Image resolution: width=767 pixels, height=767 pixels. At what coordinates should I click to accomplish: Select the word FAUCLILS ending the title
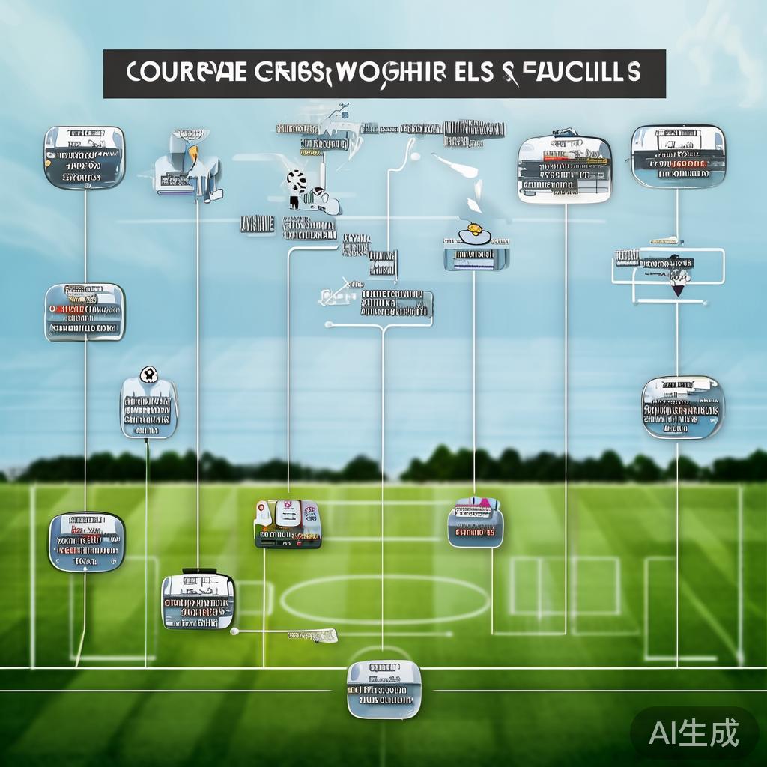[x=578, y=73]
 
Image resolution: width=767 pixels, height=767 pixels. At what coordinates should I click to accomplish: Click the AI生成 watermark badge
[x=694, y=732]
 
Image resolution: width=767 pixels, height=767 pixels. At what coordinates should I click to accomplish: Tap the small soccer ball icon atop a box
[x=148, y=373]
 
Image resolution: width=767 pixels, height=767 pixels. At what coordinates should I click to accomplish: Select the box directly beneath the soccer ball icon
[x=148, y=409]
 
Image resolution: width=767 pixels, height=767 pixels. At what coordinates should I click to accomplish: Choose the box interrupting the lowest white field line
[x=383, y=688]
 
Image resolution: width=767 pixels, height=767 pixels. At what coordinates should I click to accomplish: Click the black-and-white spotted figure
[x=297, y=183]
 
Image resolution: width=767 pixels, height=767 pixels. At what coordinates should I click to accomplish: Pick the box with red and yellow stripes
[x=85, y=312]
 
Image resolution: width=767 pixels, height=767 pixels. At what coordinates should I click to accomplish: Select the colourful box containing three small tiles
[x=288, y=523]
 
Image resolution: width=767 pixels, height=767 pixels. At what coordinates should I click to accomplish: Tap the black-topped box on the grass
[x=198, y=601]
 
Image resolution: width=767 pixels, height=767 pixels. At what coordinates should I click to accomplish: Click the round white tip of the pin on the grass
[x=234, y=631]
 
